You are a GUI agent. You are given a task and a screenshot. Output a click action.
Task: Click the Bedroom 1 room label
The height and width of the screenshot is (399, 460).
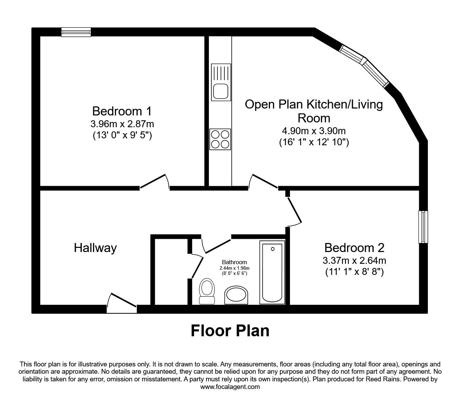pyautogui.click(x=122, y=111)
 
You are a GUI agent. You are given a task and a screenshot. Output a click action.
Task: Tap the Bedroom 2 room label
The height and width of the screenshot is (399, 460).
pyautogui.click(x=354, y=248)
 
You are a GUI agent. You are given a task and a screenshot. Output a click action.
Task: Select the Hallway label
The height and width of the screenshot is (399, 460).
pyautogui.click(x=95, y=248)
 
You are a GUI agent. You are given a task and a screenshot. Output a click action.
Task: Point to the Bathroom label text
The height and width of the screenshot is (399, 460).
pyautogui.click(x=235, y=262)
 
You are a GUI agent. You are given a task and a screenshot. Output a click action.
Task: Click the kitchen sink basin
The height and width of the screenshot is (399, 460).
pyautogui.click(x=220, y=92)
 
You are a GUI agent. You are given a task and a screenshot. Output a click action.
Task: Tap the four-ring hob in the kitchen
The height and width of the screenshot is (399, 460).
pyautogui.click(x=220, y=139)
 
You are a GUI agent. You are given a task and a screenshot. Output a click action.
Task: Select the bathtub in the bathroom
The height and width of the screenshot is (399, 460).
pyautogui.click(x=272, y=273)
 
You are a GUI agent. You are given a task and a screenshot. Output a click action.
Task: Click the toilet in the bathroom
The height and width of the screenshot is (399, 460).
pyautogui.click(x=207, y=292)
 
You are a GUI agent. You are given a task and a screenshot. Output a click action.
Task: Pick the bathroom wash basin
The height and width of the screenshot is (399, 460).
pyautogui.click(x=237, y=296)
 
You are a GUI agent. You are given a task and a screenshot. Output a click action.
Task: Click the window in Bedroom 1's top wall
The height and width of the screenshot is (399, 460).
pyautogui.click(x=76, y=32)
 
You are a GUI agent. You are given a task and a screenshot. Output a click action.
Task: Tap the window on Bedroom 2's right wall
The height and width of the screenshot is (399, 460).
pyautogui.click(x=423, y=227)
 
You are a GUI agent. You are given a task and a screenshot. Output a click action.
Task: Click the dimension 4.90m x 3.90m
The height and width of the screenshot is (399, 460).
pyautogui.click(x=314, y=131)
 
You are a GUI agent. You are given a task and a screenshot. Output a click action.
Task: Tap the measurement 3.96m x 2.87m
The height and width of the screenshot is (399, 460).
pyautogui.click(x=122, y=124)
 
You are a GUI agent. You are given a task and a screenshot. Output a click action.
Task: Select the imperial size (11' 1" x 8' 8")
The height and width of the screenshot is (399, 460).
pyautogui.click(x=354, y=272)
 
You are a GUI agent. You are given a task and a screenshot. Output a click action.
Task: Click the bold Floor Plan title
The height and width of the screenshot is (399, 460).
pyautogui.click(x=230, y=331)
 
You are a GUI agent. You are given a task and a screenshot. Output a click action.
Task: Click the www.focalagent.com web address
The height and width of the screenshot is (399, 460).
pyautogui.click(x=230, y=387)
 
